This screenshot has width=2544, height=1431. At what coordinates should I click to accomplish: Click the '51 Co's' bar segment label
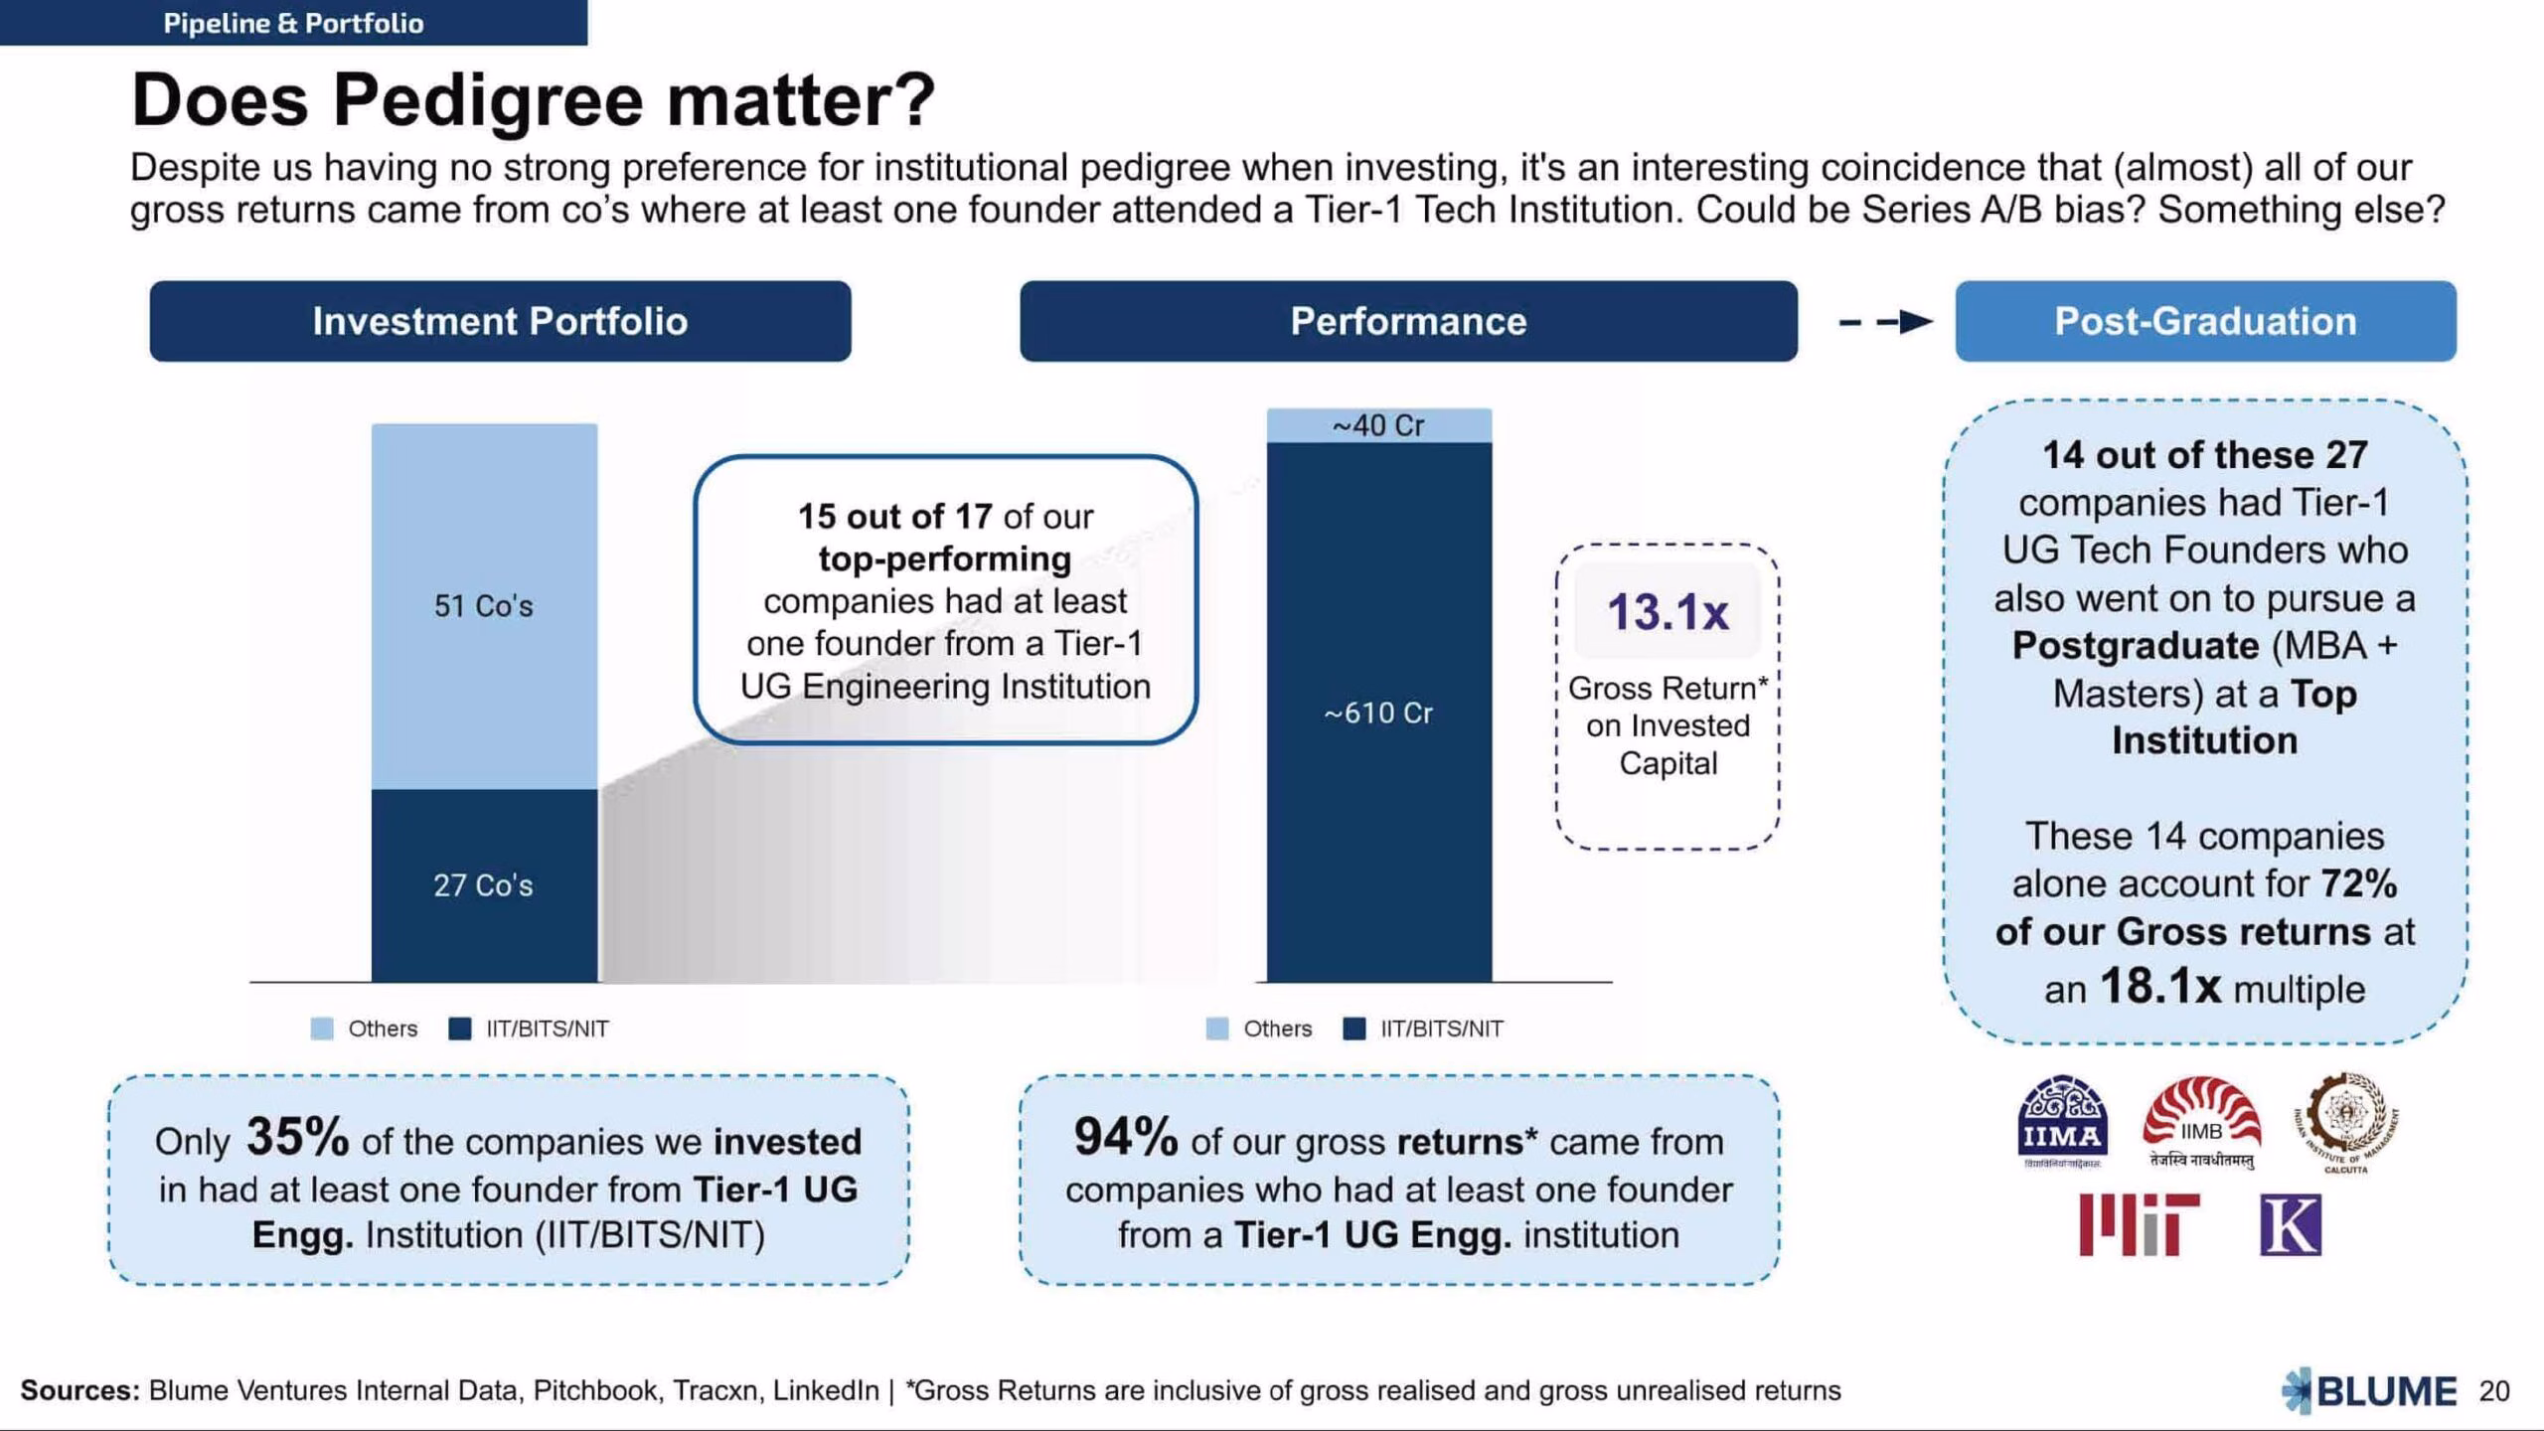click(483, 606)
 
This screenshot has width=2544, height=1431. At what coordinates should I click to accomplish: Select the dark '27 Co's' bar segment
click(485, 885)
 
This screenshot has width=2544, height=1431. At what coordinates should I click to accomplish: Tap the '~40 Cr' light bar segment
click(1379, 425)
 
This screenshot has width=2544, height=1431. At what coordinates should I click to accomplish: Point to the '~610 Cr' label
click(1378, 713)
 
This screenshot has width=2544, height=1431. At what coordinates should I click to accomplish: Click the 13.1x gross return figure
click(1668, 611)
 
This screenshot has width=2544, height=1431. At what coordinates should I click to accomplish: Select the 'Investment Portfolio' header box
click(500, 321)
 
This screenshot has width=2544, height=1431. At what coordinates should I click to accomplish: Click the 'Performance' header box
click(1408, 321)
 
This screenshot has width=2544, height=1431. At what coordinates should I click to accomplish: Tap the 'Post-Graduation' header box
click(2205, 321)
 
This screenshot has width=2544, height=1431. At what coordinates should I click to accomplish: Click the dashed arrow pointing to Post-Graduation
click(1885, 322)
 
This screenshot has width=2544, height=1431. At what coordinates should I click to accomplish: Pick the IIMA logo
click(2062, 1123)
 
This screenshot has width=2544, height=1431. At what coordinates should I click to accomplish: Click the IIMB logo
click(2202, 1123)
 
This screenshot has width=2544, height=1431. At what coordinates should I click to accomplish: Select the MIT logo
click(2139, 1224)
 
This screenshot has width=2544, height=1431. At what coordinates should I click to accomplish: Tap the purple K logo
click(2291, 1225)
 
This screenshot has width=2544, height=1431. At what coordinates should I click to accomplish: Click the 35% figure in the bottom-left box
click(297, 1137)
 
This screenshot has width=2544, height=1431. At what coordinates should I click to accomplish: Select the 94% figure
click(1126, 1137)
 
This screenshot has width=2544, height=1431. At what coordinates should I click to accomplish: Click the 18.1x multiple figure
click(2159, 986)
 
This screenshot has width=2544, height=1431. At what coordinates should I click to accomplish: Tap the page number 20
click(2494, 1390)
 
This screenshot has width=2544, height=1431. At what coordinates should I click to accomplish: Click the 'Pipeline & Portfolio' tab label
click(293, 23)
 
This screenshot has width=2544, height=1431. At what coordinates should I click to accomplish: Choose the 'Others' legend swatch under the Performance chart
click(1216, 1029)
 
